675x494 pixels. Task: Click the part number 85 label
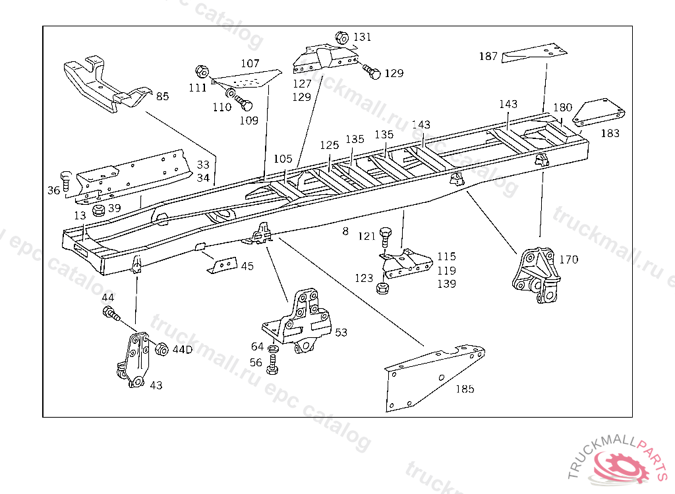(x=162, y=96)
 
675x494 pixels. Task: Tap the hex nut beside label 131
(x=341, y=38)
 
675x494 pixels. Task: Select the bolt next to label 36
(x=66, y=181)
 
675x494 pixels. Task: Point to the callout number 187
(x=488, y=56)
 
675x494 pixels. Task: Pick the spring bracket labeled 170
(x=536, y=275)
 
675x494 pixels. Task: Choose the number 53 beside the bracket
(x=341, y=333)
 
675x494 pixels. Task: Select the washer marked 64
(x=272, y=348)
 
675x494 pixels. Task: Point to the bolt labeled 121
(x=385, y=236)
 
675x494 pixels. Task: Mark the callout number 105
(x=283, y=159)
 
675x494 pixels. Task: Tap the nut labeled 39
(x=99, y=210)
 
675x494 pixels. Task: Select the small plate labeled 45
(x=222, y=265)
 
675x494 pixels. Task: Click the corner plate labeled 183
(x=599, y=113)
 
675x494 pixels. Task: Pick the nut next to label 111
(x=202, y=71)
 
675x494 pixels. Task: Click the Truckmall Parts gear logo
(x=621, y=466)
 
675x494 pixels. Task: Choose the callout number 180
(x=563, y=107)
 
